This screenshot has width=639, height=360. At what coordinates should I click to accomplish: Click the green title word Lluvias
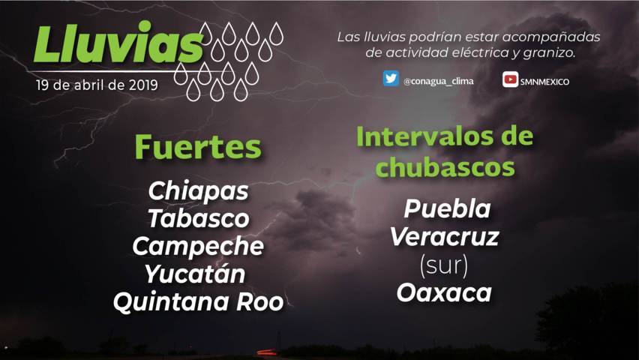(x=118, y=43)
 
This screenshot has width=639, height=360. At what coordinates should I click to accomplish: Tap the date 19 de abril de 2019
(x=97, y=85)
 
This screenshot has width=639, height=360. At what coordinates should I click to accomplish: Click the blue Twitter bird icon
(x=391, y=78)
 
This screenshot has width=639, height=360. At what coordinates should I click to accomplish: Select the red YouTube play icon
(x=510, y=79)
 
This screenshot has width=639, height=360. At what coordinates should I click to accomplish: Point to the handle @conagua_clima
(x=439, y=82)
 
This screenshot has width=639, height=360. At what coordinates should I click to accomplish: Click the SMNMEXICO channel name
(x=544, y=82)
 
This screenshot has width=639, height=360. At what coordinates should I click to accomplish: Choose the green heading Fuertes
(x=198, y=147)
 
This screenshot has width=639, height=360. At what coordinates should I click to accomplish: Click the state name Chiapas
(x=199, y=191)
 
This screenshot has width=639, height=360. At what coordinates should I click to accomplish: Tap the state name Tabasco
(x=199, y=218)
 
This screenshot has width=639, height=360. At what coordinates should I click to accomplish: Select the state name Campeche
(x=198, y=247)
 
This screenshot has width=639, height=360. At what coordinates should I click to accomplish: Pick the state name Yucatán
(x=195, y=273)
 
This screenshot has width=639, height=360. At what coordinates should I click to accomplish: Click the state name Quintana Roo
(x=199, y=302)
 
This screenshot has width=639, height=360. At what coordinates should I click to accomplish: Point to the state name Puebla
(x=448, y=208)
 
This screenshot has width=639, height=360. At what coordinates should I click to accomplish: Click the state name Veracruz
(x=445, y=237)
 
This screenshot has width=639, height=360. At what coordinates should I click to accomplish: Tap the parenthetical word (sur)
(x=444, y=265)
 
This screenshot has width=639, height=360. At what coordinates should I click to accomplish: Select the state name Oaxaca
(x=444, y=293)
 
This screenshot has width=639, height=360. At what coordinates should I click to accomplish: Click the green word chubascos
(x=445, y=166)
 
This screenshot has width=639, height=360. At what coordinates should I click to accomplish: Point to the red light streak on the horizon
(x=267, y=352)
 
